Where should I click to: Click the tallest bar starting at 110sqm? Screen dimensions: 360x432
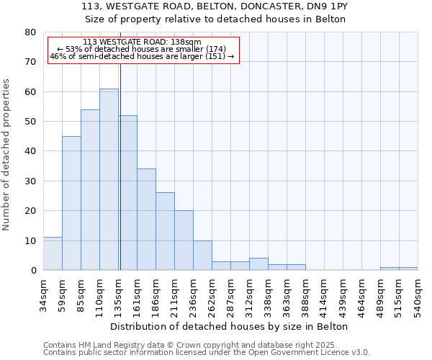[x=109, y=179]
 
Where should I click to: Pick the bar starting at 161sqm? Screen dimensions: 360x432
[x=146, y=219]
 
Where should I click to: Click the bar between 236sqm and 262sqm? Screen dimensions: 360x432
[x=202, y=255]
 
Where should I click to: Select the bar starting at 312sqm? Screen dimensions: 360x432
[x=258, y=264]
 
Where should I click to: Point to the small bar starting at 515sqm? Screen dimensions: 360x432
[x=408, y=269]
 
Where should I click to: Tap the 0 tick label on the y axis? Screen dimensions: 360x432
[x=32, y=271]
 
